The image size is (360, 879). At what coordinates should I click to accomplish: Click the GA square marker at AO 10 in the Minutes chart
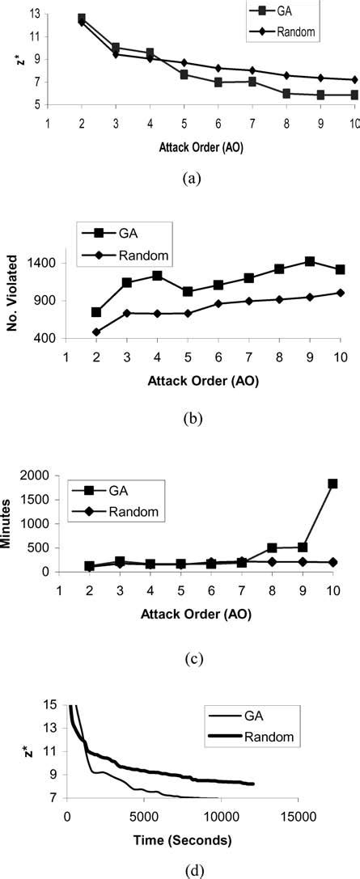pos(332,484)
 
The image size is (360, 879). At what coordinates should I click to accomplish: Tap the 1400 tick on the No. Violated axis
pos(40,264)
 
